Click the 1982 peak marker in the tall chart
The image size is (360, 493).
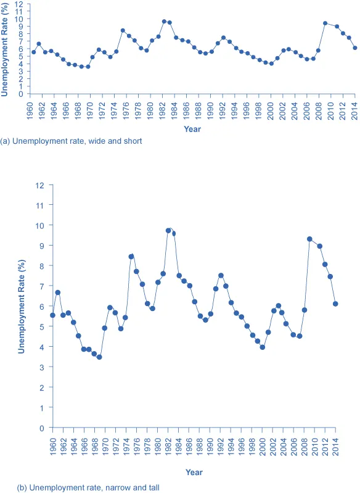168,231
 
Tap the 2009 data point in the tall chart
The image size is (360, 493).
309,239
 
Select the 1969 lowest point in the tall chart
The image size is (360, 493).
99,357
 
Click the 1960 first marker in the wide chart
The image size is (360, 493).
33,52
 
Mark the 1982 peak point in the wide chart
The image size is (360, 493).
164,21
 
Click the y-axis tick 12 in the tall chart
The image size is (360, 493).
41,184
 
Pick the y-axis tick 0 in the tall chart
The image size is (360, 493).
43,428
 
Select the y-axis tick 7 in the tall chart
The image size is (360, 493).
43,286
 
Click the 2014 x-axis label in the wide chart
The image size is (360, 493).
354,106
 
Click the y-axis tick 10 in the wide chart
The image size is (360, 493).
20,19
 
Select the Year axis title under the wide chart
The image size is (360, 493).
192,129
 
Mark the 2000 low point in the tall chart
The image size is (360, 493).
263,347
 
